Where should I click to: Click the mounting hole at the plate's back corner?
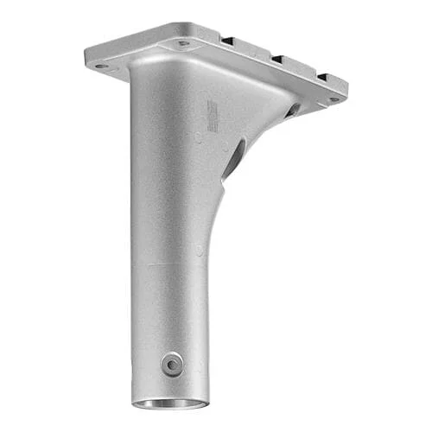point(183,42)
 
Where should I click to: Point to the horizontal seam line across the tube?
point(173,263)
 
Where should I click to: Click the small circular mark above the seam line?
point(199,250)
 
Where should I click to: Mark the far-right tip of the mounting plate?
point(346,88)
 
